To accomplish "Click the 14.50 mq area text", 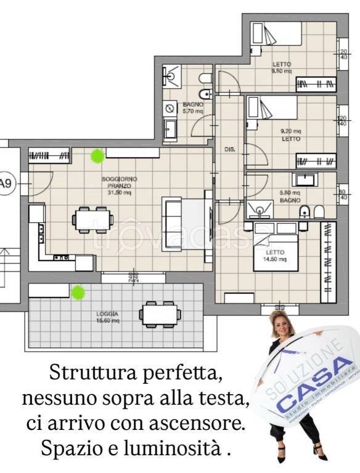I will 276,259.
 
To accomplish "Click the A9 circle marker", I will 6,183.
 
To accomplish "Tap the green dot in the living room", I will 97,156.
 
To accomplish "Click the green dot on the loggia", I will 78,292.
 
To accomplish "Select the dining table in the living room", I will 93,220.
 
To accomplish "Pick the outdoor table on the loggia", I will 160,314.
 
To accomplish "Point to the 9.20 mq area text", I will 290,131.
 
